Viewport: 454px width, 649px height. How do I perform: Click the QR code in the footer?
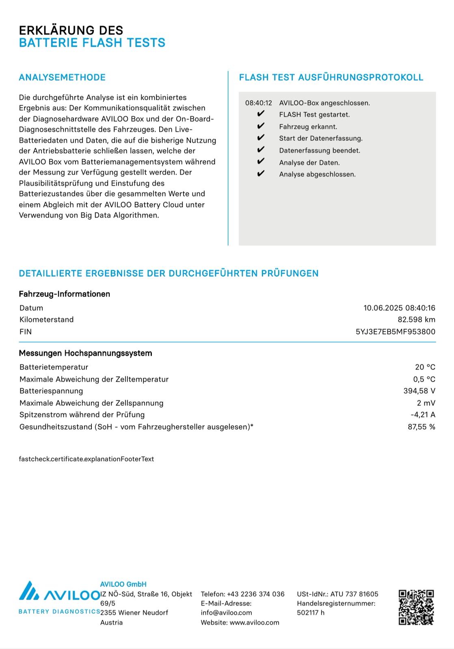(416, 607)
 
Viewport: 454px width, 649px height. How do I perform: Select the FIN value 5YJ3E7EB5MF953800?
(395, 332)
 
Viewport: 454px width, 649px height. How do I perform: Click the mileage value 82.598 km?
(416, 320)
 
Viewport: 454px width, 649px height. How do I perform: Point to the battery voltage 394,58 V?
(419, 391)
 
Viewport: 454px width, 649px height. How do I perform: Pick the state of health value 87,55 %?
(421, 427)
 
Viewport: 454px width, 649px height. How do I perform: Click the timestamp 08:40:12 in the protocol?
(258, 103)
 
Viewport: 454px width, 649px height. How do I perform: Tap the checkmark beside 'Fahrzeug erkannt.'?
(261, 126)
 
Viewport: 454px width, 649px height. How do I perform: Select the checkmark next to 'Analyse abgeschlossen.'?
(261, 174)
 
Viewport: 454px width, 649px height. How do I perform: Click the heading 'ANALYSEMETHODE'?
(62, 77)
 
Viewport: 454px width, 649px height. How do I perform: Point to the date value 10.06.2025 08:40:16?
(399, 308)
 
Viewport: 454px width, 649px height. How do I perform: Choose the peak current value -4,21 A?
(423, 415)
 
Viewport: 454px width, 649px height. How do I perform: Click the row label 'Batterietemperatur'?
(54, 367)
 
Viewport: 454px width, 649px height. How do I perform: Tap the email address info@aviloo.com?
(226, 613)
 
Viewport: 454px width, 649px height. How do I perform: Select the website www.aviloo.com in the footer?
(254, 623)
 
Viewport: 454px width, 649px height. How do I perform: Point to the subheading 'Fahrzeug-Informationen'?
(64, 294)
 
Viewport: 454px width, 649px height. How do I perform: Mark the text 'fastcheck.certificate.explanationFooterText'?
(86, 459)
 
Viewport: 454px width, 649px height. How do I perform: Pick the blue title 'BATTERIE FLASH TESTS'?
(92, 43)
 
